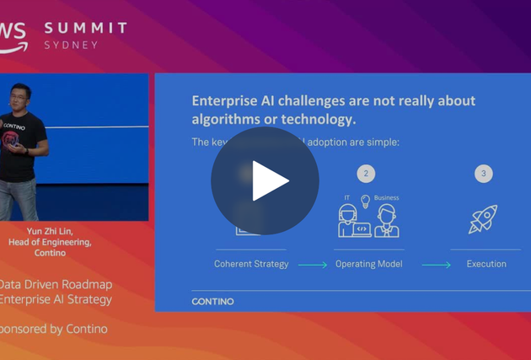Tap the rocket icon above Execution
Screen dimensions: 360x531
coord(483,219)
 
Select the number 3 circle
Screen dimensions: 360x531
coord(483,174)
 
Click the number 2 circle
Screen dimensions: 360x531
coord(366,174)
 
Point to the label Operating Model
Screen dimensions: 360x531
coord(368,264)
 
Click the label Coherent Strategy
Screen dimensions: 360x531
coord(251,264)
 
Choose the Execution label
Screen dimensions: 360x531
coord(486,264)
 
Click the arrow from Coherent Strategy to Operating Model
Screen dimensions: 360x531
coord(312,265)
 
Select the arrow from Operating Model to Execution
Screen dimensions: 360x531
coord(436,265)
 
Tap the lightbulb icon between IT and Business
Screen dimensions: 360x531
coord(366,201)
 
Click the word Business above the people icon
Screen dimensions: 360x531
coord(386,198)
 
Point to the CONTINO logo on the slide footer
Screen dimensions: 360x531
coord(212,301)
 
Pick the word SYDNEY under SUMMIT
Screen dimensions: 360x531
coord(71,45)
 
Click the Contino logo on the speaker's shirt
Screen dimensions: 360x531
coord(12,126)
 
